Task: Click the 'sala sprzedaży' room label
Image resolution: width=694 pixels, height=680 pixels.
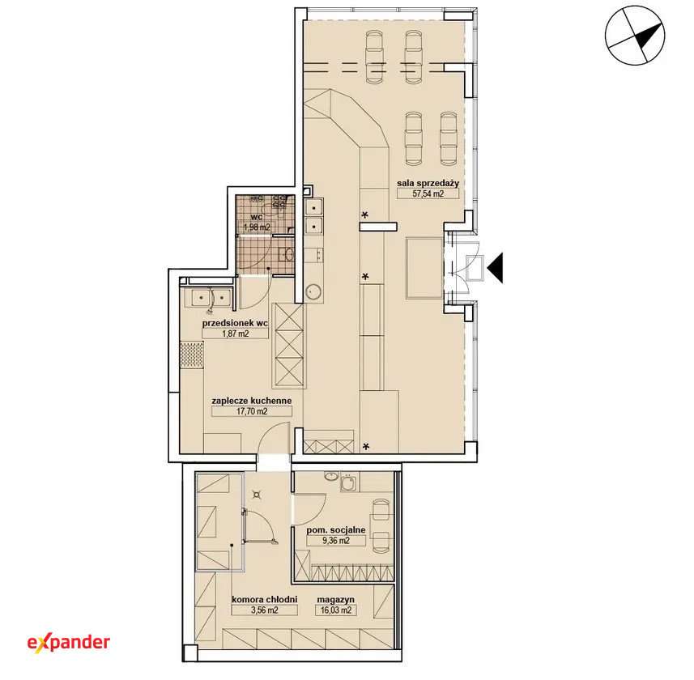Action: click(428, 183)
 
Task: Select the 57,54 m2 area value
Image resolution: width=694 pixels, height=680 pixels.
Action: click(428, 193)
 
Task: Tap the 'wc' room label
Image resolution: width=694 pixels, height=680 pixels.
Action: click(256, 217)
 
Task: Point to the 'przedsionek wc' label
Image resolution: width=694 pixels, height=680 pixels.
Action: click(235, 324)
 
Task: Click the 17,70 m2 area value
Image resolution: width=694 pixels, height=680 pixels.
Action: click(252, 411)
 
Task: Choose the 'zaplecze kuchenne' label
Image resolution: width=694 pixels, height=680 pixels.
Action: click(251, 401)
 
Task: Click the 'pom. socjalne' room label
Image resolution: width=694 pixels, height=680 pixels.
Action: click(336, 530)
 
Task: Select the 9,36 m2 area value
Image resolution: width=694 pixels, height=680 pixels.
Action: click(336, 541)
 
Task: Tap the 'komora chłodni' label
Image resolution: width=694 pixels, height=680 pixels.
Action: click(264, 600)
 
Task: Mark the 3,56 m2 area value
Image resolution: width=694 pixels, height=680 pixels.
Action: click(264, 610)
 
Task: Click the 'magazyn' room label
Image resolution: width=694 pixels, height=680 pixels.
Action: click(335, 601)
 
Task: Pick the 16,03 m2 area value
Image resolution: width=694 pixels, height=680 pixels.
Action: click(335, 610)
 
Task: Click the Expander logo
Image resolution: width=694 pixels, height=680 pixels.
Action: click(69, 642)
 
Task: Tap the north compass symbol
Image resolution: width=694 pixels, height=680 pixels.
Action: click(635, 36)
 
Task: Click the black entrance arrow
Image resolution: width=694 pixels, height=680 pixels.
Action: click(495, 268)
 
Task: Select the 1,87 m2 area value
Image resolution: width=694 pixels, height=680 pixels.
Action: click(235, 334)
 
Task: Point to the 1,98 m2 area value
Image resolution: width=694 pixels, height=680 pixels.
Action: click(257, 227)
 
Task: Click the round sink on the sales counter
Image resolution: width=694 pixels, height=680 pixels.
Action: click(314, 292)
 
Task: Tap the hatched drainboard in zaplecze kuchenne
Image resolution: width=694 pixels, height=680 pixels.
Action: click(192, 355)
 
